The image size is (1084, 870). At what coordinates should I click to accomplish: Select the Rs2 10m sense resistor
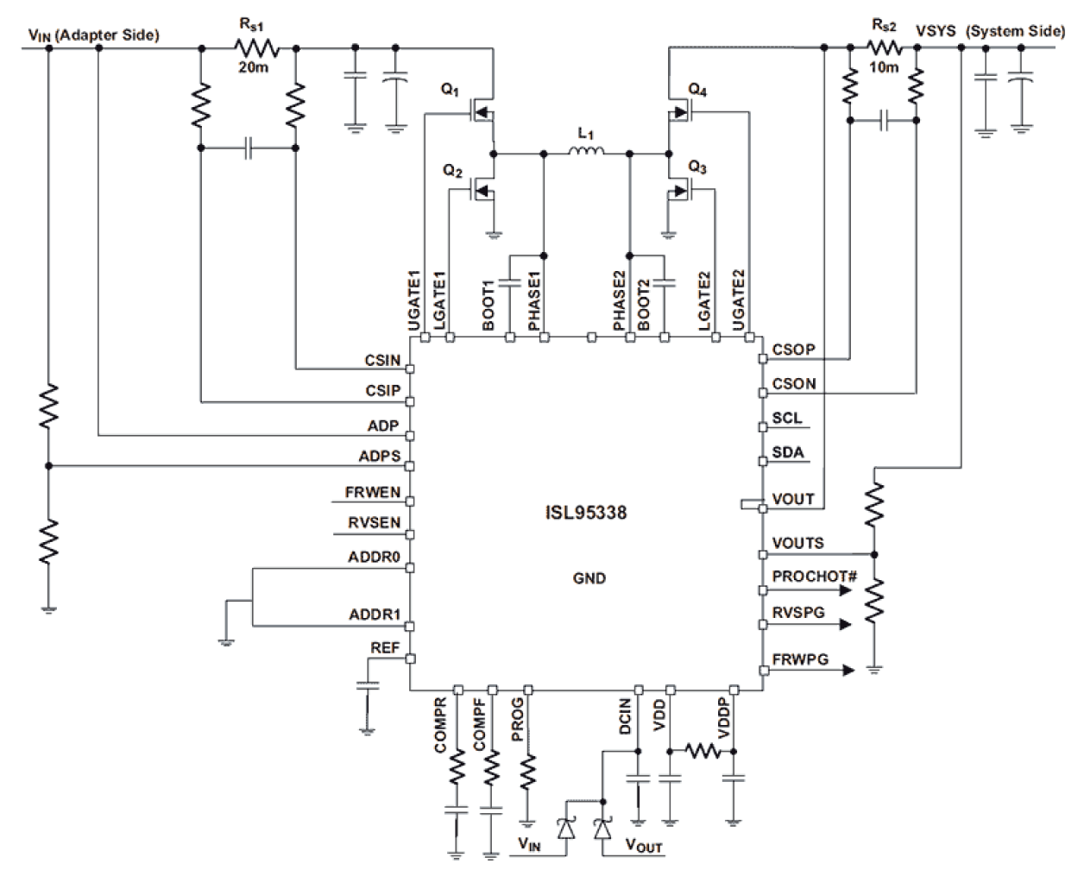883,48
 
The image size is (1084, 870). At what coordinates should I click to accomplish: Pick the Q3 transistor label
697,167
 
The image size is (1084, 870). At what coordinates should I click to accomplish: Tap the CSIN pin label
383,360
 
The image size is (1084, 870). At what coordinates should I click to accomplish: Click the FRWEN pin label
373,492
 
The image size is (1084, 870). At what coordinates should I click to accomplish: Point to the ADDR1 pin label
375,615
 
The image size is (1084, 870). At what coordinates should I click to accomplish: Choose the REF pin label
385,647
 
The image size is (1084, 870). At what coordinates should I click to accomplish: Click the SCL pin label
786,418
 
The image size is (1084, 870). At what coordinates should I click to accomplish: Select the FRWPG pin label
800,659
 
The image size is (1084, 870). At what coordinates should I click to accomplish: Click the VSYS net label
936,31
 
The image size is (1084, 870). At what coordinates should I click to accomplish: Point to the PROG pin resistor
527,771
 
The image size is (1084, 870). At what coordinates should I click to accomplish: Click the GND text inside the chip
589,578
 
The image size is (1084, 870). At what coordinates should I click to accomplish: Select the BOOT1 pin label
488,306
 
